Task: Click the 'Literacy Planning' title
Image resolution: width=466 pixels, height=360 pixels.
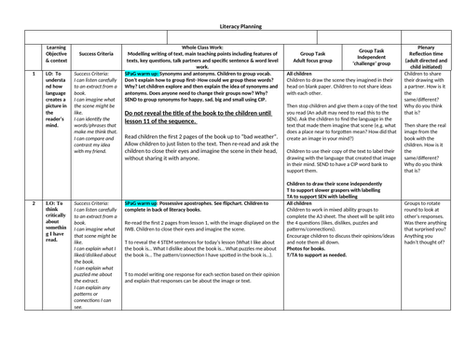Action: point(233,30)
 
